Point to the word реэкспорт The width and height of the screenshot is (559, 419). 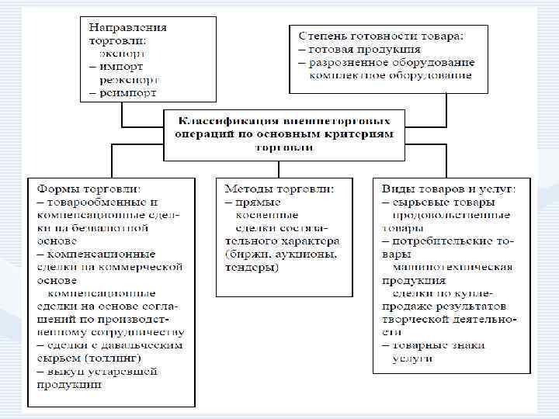point(128,80)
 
